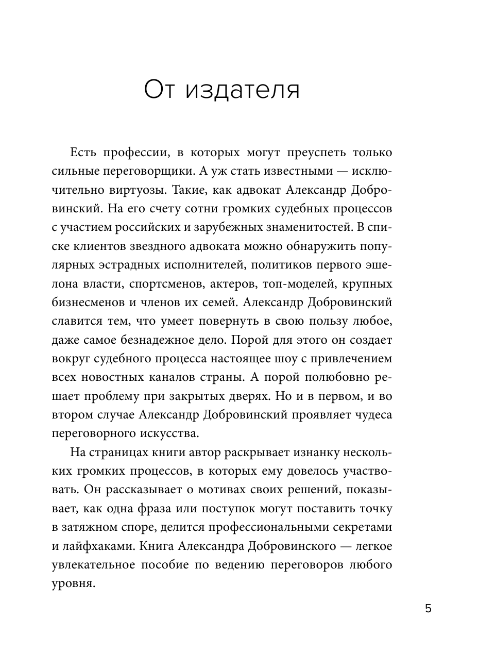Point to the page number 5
point(428,609)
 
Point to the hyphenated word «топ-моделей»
point(296,284)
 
